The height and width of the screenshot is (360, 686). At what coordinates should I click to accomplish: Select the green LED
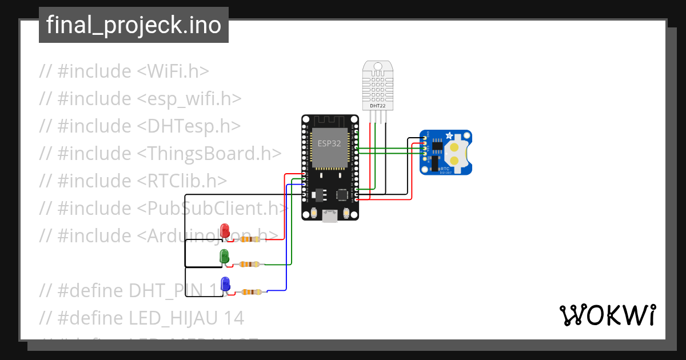[225, 255]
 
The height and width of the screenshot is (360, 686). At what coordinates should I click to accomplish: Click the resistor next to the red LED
[250, 239]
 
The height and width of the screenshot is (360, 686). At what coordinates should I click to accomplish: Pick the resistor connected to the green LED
[249, 264]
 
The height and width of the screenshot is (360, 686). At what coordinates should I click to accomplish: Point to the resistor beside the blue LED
[250, 292]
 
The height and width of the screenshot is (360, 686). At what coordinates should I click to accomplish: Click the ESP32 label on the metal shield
[329, 143]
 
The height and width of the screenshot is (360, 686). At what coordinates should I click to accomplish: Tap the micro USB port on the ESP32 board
[330, 216]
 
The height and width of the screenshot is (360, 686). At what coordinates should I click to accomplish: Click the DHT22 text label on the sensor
[377, 106]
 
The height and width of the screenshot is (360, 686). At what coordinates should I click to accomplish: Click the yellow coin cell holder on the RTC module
[455, 153]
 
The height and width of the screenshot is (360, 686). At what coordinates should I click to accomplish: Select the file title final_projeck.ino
[134, 25]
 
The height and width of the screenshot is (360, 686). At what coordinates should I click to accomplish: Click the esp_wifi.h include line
[140, 98]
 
